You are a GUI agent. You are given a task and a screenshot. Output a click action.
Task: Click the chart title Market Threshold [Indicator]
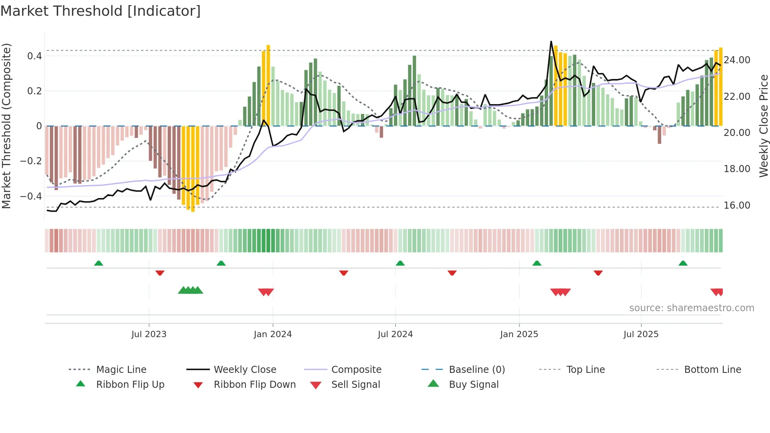(x=101, y=11)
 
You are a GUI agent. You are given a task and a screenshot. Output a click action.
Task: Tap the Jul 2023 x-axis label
(x=149, y=334)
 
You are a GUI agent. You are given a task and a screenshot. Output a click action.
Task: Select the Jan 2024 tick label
(x=273, y=334)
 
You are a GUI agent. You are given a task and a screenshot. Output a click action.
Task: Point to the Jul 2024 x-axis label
(x=395, y=334)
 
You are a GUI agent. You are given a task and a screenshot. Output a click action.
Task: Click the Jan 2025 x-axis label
(x=519, y=334)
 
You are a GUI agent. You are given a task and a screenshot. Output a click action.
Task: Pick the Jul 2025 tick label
(x=641, y=334)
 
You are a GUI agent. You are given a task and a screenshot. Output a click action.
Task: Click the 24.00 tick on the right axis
(x=737, y=60)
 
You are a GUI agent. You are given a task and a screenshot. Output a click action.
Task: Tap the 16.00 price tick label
(x=737, y=205)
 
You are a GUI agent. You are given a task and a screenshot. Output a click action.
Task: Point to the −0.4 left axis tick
(x=31, y=196)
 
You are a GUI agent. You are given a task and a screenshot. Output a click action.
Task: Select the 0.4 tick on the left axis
(x=35, y=56)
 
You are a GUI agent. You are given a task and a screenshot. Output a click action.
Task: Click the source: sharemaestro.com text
(x=691, y=308)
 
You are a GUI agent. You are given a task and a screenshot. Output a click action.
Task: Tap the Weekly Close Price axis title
(x=763, y=126)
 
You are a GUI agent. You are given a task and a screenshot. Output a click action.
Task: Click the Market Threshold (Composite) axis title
(x=6, y=126)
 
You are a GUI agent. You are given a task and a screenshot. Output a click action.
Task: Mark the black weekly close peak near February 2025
(x=551, y=42)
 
